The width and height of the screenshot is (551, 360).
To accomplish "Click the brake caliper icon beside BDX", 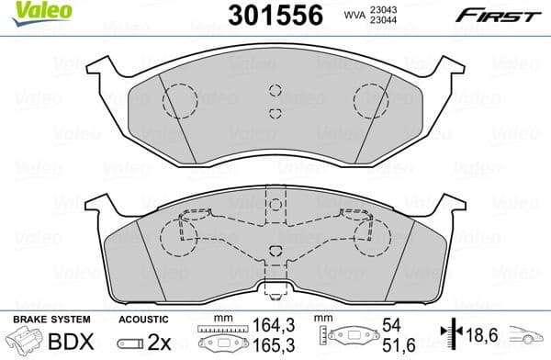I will (24, 343).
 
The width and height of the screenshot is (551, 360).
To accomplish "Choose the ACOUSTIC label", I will (144, 320).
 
